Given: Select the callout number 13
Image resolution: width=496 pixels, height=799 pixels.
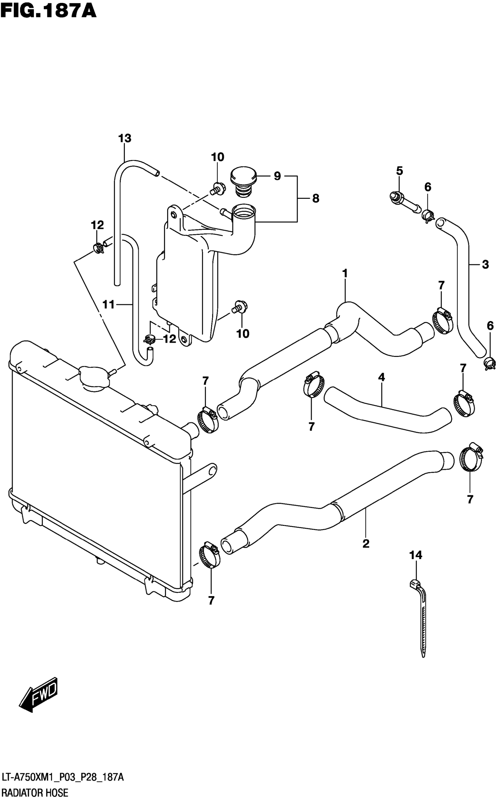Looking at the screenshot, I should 125,138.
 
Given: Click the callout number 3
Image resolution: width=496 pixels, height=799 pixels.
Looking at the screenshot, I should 485,264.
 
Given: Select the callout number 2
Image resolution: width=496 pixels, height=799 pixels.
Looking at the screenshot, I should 366,543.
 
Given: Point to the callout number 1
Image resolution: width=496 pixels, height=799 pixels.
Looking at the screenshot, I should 345,273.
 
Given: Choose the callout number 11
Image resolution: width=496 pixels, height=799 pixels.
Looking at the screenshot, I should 108,305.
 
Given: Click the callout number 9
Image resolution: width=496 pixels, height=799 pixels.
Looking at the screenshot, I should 277,176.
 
